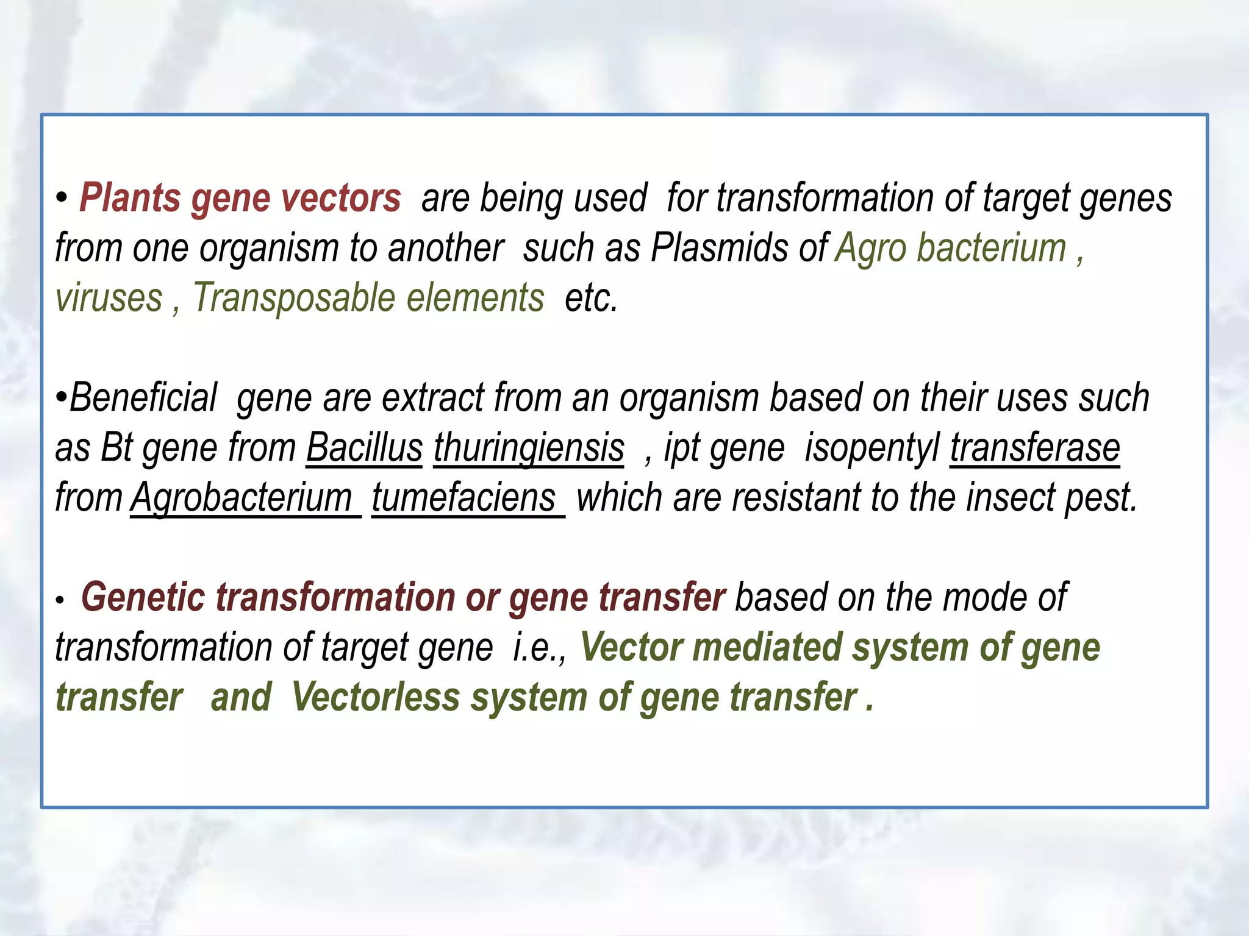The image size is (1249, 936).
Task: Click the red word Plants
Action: [130, 199]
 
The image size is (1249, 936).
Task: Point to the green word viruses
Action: [109, 299]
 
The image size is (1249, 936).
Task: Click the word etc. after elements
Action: [591, 299]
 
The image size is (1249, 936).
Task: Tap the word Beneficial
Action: [143, 398]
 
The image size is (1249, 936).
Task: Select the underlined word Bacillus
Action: [364, 448]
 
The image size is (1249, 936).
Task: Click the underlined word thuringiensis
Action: [529, 448]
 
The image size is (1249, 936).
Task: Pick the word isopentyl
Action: [872, 448]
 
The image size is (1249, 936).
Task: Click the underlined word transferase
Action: [1035, 448]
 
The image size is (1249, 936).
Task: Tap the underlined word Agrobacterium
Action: [243, 498]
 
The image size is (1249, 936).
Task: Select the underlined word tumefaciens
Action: [465, 498]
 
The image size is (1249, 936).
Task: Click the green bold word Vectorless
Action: [375, 697]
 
